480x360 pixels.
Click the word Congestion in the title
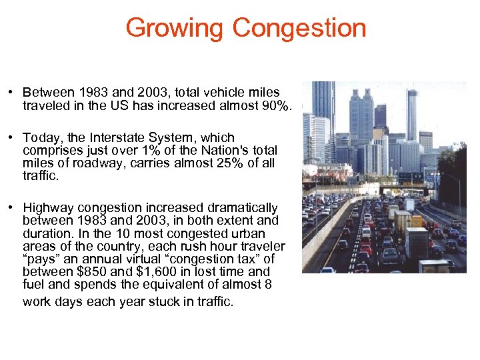coord(299,28)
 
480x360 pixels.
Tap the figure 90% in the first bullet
coord(275,105)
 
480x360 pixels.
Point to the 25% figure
coord(209,163)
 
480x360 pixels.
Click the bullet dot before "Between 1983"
coord(13,93)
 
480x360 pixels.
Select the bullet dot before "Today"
coord(13,138)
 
